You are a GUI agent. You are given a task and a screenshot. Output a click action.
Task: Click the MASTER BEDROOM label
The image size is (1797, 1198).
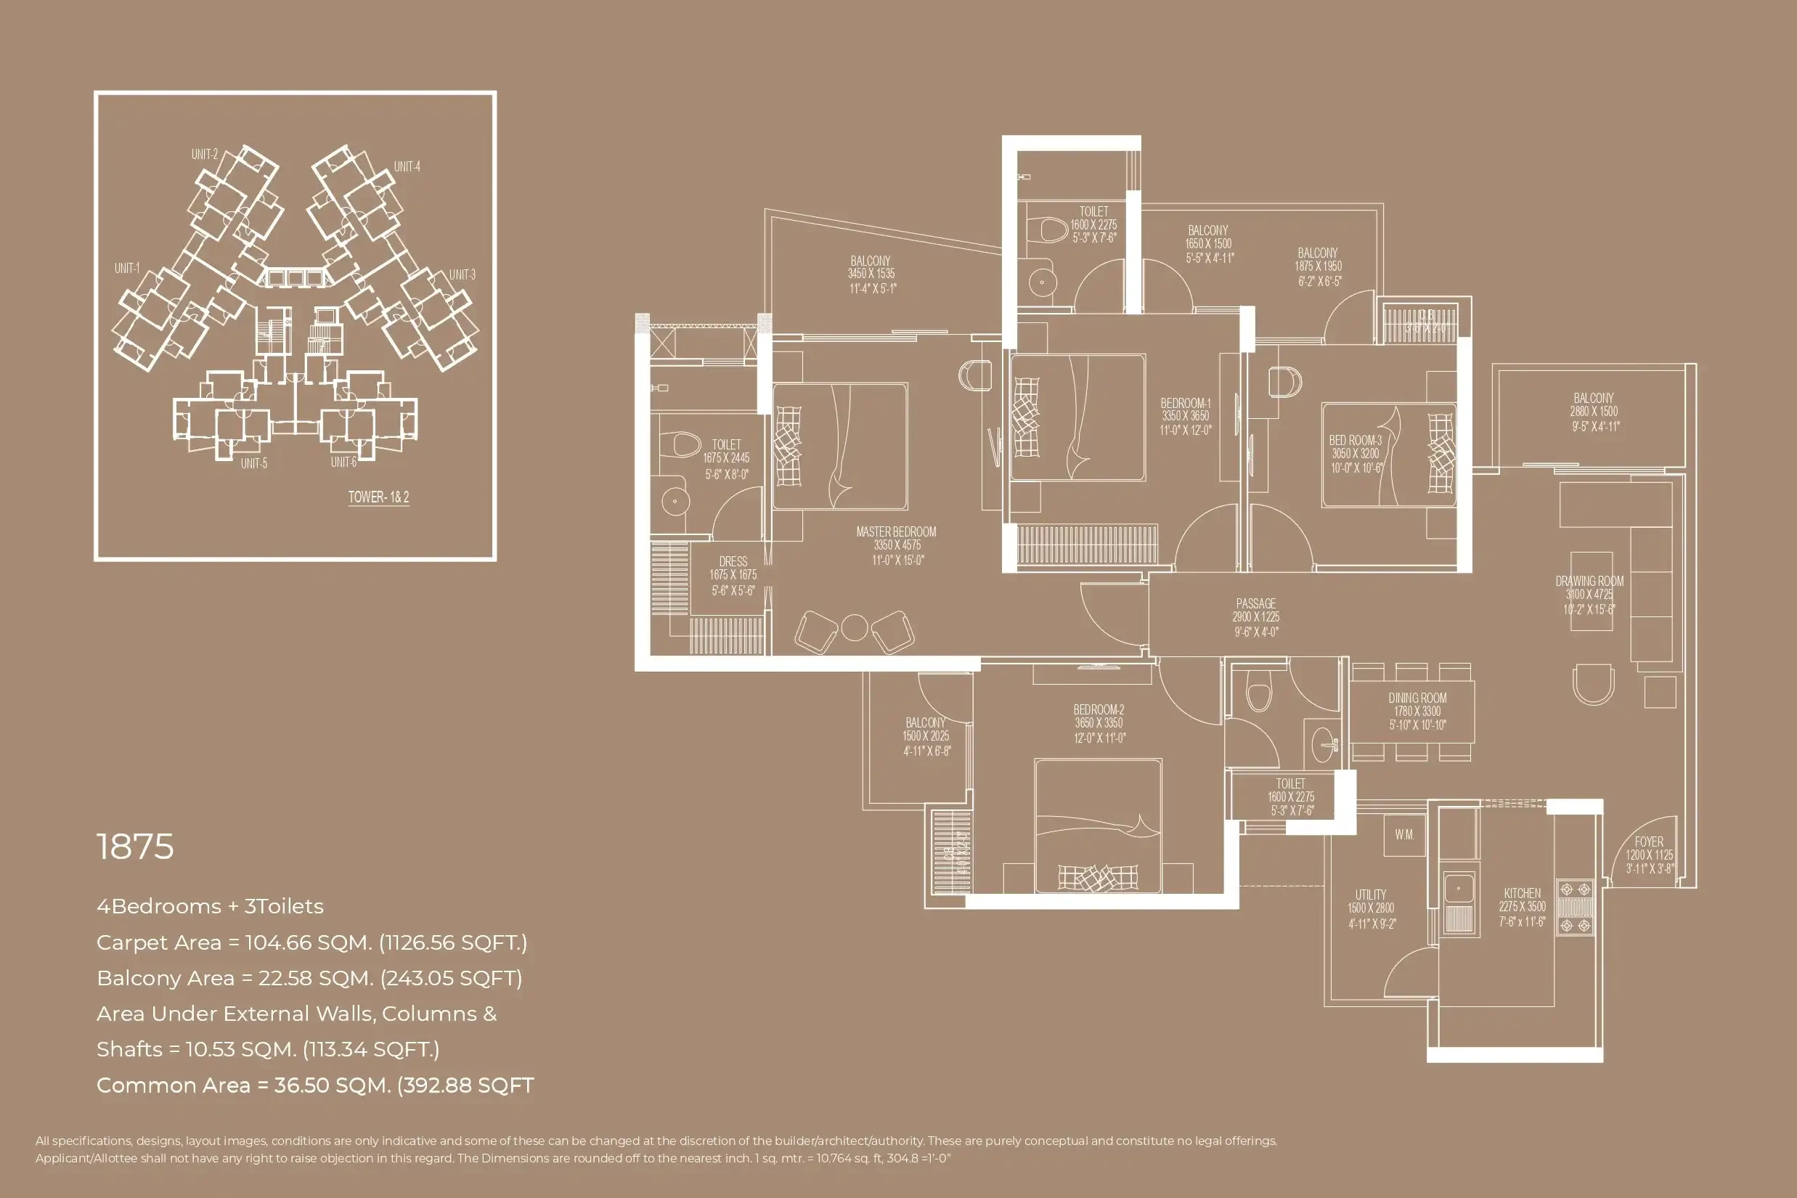click(x=895, y=531)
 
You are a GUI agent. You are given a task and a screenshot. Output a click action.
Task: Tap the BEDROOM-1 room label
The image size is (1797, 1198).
click(x=1185, y=404)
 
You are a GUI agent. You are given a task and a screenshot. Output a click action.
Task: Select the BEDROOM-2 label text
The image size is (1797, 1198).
click(x=1098, y=710)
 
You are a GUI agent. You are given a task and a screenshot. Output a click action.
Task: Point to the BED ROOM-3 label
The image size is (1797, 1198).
click(x=1355, y=440)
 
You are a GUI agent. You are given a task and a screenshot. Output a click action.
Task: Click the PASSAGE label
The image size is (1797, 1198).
click(x=1255, y=603)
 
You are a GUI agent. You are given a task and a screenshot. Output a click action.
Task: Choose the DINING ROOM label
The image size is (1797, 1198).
click(x=1417, y=698)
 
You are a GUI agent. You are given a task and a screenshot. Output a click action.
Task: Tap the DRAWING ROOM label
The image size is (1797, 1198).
click(x=1589, y=582)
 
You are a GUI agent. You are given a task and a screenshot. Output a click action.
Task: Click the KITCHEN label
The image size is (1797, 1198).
click(x=1522, y=893)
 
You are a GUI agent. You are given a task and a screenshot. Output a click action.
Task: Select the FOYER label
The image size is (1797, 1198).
click(x=1649, y=842)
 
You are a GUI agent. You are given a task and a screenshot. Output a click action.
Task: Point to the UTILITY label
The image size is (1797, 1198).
click(x=1371, y=895)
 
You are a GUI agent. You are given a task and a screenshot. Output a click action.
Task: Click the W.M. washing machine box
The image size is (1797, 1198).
click(x=1404, y=835)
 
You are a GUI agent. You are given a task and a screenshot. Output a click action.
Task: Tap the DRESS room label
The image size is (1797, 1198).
click(x=733, y=561)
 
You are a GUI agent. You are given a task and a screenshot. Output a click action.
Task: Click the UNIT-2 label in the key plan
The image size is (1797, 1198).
click(x=204, y=155)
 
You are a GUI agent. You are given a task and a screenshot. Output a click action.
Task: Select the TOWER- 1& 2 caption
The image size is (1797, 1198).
click(x=378, y=497)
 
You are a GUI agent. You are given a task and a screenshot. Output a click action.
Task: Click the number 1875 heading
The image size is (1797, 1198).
click(x=135, y=847)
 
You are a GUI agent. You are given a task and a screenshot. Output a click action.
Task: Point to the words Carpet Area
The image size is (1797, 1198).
click(x=158, y=943)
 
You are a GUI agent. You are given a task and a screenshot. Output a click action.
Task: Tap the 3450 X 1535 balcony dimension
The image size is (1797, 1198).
click(x=871, y=274)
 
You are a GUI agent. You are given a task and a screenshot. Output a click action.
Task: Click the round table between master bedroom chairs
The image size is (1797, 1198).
click(x=854, y=628)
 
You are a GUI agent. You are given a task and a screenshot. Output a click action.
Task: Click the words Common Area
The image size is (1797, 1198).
click(x=173, y=1085)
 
